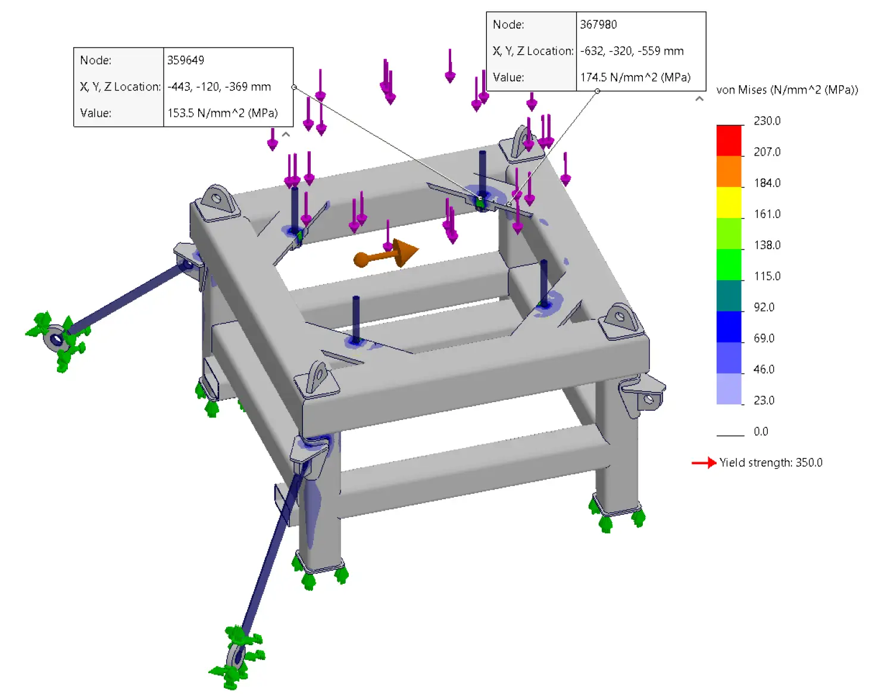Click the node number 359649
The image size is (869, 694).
[186, 60]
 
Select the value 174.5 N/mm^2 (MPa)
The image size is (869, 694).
[635, 77]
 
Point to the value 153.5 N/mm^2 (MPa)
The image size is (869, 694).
[222, 113]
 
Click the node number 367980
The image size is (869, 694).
[598, 24]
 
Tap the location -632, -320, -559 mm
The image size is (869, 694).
[632, 51]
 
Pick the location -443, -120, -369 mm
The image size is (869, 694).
[219, 87]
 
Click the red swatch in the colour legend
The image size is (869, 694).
[729, 141]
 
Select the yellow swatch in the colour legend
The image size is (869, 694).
[729, 203]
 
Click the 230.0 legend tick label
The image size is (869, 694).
[767, 121]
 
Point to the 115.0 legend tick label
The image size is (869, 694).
[767, 276]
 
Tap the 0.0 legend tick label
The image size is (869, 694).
[761, 432]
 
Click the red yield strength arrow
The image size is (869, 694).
[704, 463]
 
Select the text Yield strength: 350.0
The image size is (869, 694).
[771, 463]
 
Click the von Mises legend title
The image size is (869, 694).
[787, 90]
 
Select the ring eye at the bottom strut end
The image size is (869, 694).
[236, 657]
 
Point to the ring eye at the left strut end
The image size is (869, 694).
[56, 340]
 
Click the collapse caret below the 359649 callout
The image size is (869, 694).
[286, 135]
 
